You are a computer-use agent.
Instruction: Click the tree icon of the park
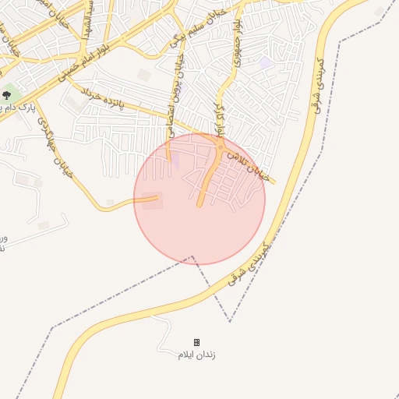(7, 95)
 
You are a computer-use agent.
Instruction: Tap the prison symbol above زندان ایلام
(196, 342)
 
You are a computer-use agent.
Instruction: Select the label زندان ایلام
(196, 355)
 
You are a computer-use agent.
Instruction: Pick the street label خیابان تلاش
(249, 166)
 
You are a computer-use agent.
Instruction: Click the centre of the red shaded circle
(199, 199)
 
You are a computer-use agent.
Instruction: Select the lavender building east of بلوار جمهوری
(267, 62)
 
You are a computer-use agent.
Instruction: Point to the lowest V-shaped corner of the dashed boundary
(230, 321)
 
